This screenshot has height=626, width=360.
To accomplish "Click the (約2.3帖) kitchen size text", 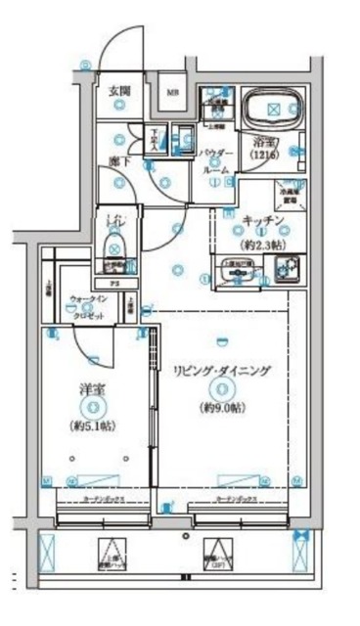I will (259, 245).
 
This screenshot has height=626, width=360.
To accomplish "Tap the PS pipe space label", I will (112, 284).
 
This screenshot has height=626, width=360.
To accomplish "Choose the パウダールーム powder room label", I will (216, 161).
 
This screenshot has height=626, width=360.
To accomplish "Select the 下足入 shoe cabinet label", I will (156, 141).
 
